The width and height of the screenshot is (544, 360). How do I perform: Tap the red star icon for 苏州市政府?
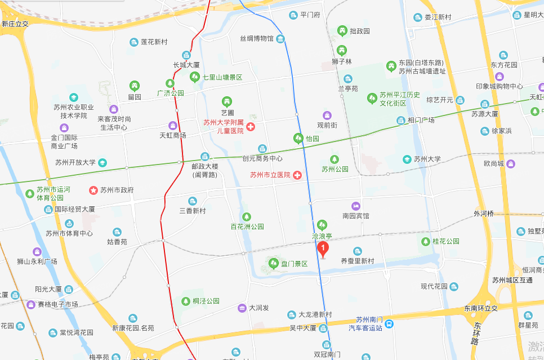click(93, 190)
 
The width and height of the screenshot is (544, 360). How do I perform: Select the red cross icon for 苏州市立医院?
click(297, 175)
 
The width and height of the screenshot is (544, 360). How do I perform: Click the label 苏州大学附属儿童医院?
click(224, 126)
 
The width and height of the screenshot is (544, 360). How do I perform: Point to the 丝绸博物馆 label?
click(257, 39)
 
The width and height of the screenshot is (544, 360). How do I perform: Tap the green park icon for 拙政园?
click(341, 30)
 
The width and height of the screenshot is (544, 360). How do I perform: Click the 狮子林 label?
click(341, 61)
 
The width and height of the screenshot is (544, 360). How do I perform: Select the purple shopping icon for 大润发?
click(240, 308)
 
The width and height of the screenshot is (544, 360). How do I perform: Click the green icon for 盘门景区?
click(274, 263)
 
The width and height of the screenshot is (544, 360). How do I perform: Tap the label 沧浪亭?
click(322, 237)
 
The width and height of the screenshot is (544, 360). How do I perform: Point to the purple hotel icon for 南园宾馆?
click(355, 206)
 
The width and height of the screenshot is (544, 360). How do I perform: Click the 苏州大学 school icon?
click(407, 159)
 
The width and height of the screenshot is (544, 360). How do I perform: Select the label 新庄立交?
click(15, 24)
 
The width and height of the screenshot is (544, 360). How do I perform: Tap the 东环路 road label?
click(476, 333)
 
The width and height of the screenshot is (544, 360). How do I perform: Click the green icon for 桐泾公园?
click(185, 301)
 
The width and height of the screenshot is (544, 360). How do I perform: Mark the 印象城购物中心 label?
click(499, 86)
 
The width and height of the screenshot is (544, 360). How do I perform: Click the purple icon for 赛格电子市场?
click(31, 304)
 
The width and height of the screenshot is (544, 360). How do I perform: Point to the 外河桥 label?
click(483, 214)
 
